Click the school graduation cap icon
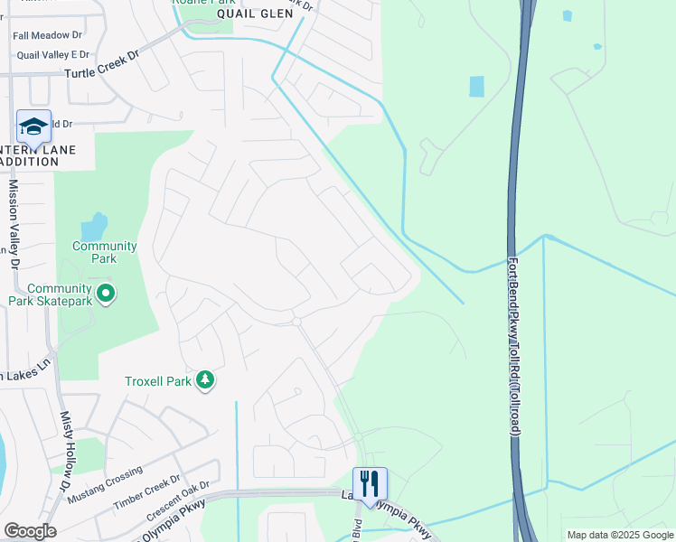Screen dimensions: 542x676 coord(33,127)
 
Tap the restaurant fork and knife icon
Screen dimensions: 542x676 coord(370,484)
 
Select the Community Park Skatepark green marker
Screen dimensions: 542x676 coord(106,294)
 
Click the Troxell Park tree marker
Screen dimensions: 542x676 coord(206,380)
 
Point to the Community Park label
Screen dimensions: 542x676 coord(105,252)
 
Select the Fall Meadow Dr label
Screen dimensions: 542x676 coord(47,36)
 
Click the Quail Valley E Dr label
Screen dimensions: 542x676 coord(53,54)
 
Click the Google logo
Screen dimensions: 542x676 coord(29,531)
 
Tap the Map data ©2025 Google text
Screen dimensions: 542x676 coord(619,535)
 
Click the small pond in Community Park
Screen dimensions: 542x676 coord(94,224)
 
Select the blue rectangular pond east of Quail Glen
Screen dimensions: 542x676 coord(476,87)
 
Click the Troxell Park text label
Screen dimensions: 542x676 coord(158,381)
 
